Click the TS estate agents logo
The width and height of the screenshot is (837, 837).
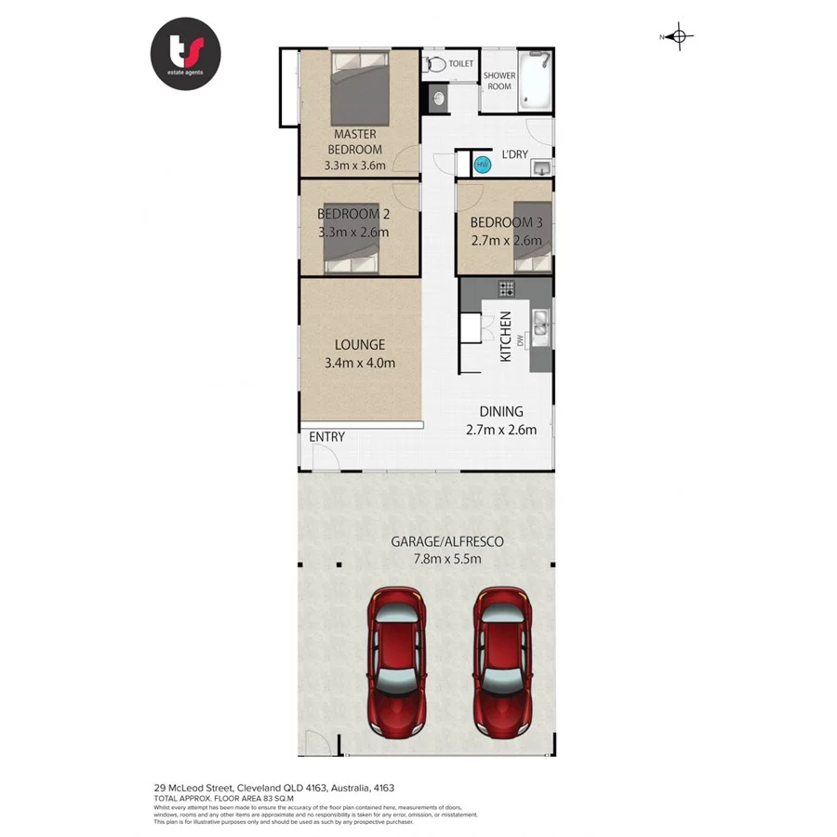tap(185, 53)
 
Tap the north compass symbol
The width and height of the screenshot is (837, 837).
tap(680, 37)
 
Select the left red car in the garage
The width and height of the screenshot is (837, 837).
tap(397, 659)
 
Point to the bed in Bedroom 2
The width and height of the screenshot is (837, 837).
tap(352, 238)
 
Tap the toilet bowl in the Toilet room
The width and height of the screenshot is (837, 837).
tap(435, 65)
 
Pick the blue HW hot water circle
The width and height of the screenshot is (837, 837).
tap(482, 166)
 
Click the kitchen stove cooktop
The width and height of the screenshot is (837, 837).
tap(506, 287)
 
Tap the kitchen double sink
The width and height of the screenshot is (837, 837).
tap(539, 321)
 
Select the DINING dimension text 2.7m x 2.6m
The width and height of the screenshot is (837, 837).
tap(501, 430)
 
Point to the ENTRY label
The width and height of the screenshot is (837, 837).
tap(325, 437)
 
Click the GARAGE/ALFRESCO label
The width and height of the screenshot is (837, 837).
tap(448, 541)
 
